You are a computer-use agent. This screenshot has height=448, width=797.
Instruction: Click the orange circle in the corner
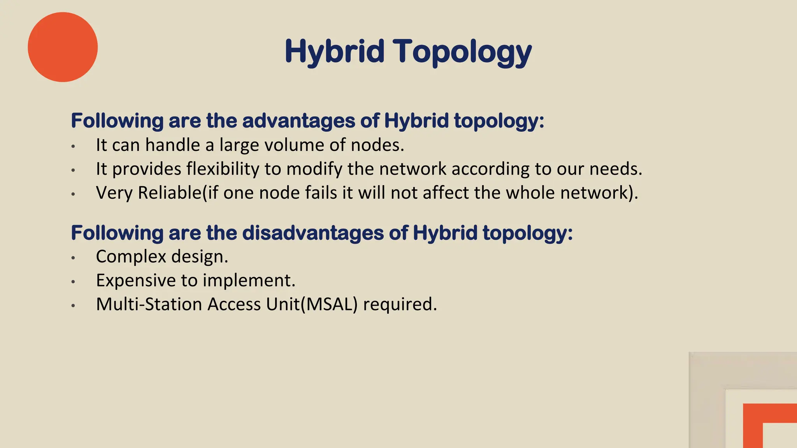tap(63, 47)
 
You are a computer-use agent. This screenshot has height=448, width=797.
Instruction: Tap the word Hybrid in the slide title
tap(334, 52)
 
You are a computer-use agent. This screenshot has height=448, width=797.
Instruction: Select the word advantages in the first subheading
tap(298, 121)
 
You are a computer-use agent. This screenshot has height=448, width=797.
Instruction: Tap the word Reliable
tap(169, 192)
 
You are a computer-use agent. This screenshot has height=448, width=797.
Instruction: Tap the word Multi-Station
tap(149, 304)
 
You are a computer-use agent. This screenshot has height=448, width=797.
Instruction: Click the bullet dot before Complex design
tap(73, 257)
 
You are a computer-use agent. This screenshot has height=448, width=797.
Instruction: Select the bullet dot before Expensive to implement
tap(73, 281)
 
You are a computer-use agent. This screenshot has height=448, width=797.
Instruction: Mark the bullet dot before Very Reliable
tap(73, 194)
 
